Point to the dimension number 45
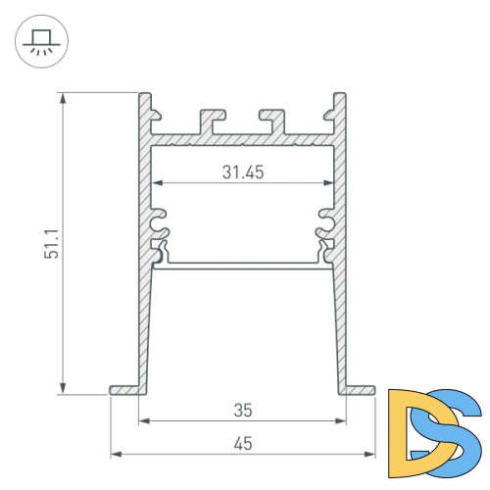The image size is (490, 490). click(243, 444)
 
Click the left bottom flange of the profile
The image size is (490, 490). click(123, 390)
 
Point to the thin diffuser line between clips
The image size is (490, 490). click(243, 263)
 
